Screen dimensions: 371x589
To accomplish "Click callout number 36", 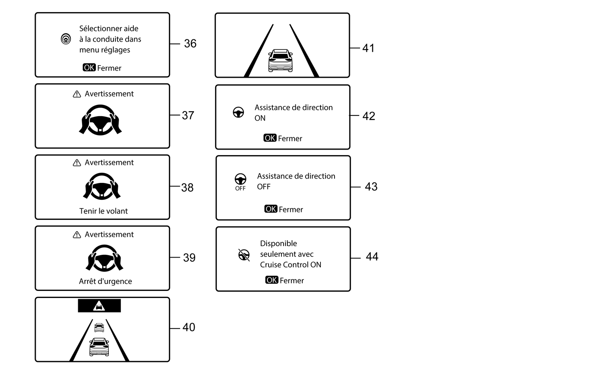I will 190,44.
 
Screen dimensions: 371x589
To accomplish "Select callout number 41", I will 368,48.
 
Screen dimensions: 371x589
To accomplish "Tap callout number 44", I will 372,257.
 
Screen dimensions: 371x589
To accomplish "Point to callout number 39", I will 189,258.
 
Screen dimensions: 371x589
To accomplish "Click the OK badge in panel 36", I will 89,68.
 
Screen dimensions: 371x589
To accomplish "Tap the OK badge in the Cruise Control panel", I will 272,280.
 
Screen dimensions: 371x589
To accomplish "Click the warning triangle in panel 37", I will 77,94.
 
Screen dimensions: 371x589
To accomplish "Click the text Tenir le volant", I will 103,211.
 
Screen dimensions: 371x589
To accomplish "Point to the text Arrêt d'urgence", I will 105,281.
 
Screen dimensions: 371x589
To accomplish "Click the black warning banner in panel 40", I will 99,306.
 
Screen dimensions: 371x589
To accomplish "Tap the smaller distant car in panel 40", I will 99,327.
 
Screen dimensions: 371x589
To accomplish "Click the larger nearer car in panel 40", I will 99,347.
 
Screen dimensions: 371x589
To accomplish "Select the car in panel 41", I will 280,60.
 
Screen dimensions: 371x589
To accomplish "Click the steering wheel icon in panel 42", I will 238,112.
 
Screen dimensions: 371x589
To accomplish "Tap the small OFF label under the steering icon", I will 240,188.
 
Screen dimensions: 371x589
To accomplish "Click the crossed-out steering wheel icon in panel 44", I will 244,255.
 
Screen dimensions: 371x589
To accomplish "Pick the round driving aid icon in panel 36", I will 66,39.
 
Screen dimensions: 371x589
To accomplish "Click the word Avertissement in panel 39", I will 109,234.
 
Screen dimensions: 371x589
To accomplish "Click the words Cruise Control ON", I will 291,265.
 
